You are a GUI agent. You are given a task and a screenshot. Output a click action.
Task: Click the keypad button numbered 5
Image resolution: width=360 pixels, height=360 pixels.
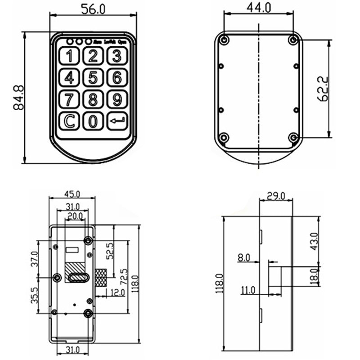click(x=93, y=77)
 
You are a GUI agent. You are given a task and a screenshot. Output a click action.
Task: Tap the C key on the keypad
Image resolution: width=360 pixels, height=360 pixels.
click(x=69, y=121)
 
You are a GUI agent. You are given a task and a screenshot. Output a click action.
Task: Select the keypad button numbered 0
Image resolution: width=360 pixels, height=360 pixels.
click(x=93, y=121)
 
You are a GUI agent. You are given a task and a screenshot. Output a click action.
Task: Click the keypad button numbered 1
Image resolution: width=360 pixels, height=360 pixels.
click(x=69, y=56)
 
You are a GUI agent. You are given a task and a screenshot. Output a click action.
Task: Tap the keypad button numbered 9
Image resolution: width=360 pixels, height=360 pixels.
click(x=117, y=99)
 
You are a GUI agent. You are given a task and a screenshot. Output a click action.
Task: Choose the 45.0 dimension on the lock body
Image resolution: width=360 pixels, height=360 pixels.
click(x=72, y=194)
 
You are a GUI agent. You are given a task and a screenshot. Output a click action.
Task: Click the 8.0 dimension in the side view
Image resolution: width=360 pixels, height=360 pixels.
click(x=243, y=258)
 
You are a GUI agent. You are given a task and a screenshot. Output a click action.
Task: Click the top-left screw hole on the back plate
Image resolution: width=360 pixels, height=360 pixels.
click(x=224, y=40)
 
